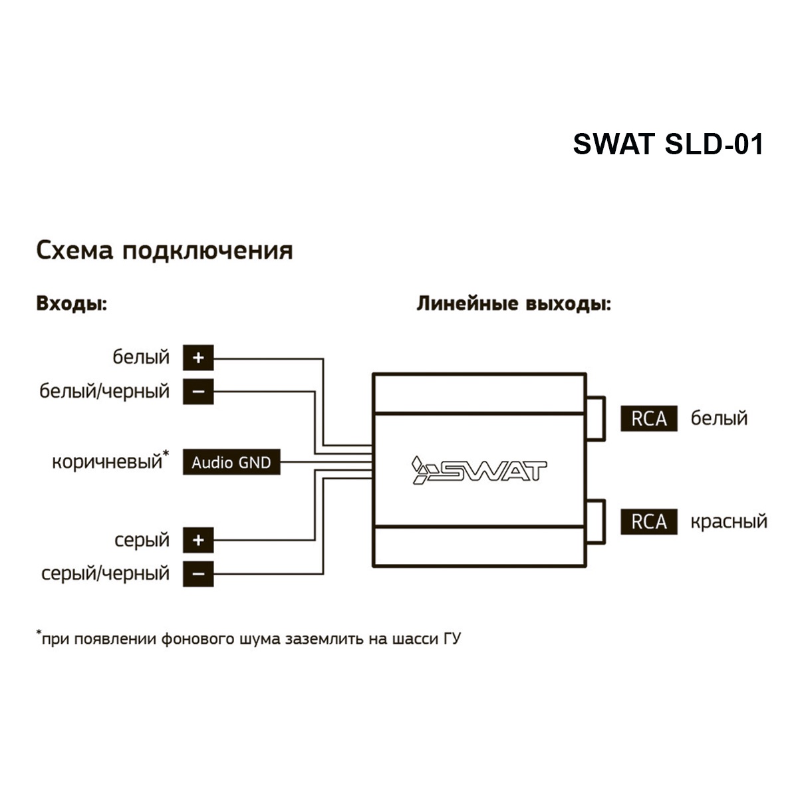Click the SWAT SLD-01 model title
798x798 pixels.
tap(668, 144)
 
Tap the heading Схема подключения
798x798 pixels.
tap(164, 251)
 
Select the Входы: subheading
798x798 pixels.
tap(72, 303)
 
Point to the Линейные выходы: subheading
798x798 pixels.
tap(513, 303)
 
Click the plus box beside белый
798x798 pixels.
tap(198, 357)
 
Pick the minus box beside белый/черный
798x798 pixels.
tap(198, 391)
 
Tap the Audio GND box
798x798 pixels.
tap(231, 462)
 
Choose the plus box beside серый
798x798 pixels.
tap(198, 540)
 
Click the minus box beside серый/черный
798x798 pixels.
tap(198, 574)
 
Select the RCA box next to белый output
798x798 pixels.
tap(649, 418)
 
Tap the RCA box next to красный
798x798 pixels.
tap(649, 522)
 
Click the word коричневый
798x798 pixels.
tap(107, 462)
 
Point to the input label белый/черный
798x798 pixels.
tap(104, 391)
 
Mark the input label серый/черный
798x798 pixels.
tap(106, 574)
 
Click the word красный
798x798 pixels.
tap(729, 522)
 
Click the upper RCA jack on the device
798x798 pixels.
tap(596, 418)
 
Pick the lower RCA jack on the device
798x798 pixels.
tap(596, 522)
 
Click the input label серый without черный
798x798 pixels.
tap(142, 540)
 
